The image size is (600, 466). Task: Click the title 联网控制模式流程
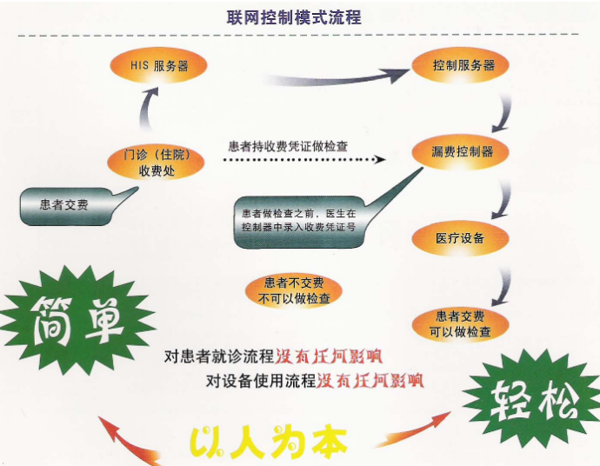[x=294, y=17]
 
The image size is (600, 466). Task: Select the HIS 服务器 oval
[x=159, y=66]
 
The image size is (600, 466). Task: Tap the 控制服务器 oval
[x=460, y=66]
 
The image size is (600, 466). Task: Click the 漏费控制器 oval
[x=460, y=152]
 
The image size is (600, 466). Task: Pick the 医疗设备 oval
[x=460, y=238]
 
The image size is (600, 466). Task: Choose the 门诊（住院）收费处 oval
[x=157, y=163]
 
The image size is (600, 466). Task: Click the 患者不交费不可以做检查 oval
[x=294, y=290]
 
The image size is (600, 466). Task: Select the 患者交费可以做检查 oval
[x=460, y=324]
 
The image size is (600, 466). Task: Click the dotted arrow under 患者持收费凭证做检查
[x=304, y=159]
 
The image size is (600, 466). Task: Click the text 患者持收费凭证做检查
[x=288, y=147]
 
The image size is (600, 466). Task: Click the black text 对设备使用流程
[x=261, y=381]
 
